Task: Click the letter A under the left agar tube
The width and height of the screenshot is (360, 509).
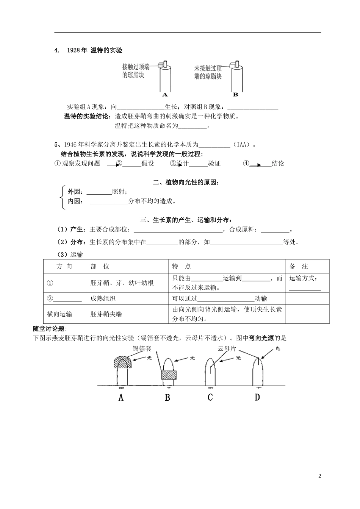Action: (x=165, y=95)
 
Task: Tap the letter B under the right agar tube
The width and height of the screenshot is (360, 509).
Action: (x=235, y=95)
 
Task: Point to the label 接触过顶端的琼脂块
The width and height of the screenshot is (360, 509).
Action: (x=136, y=71)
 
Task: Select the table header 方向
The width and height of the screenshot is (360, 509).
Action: (x=64, y=266)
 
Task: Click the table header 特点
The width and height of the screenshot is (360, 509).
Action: (x=182, y=266)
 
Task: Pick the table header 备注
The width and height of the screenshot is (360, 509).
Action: (x=299, y=266)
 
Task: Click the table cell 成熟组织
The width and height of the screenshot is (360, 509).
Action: (x=103, y=298)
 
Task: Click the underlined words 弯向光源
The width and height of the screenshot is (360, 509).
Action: (x=261, y=338)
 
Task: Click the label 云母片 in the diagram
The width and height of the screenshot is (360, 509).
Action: (x=227, y=348)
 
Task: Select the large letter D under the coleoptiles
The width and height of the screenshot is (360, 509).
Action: (x=257, y=397)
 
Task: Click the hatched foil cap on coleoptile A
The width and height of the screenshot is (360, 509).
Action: (x=123, y=362)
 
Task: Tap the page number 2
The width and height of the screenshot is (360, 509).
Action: (x=319, y=476)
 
